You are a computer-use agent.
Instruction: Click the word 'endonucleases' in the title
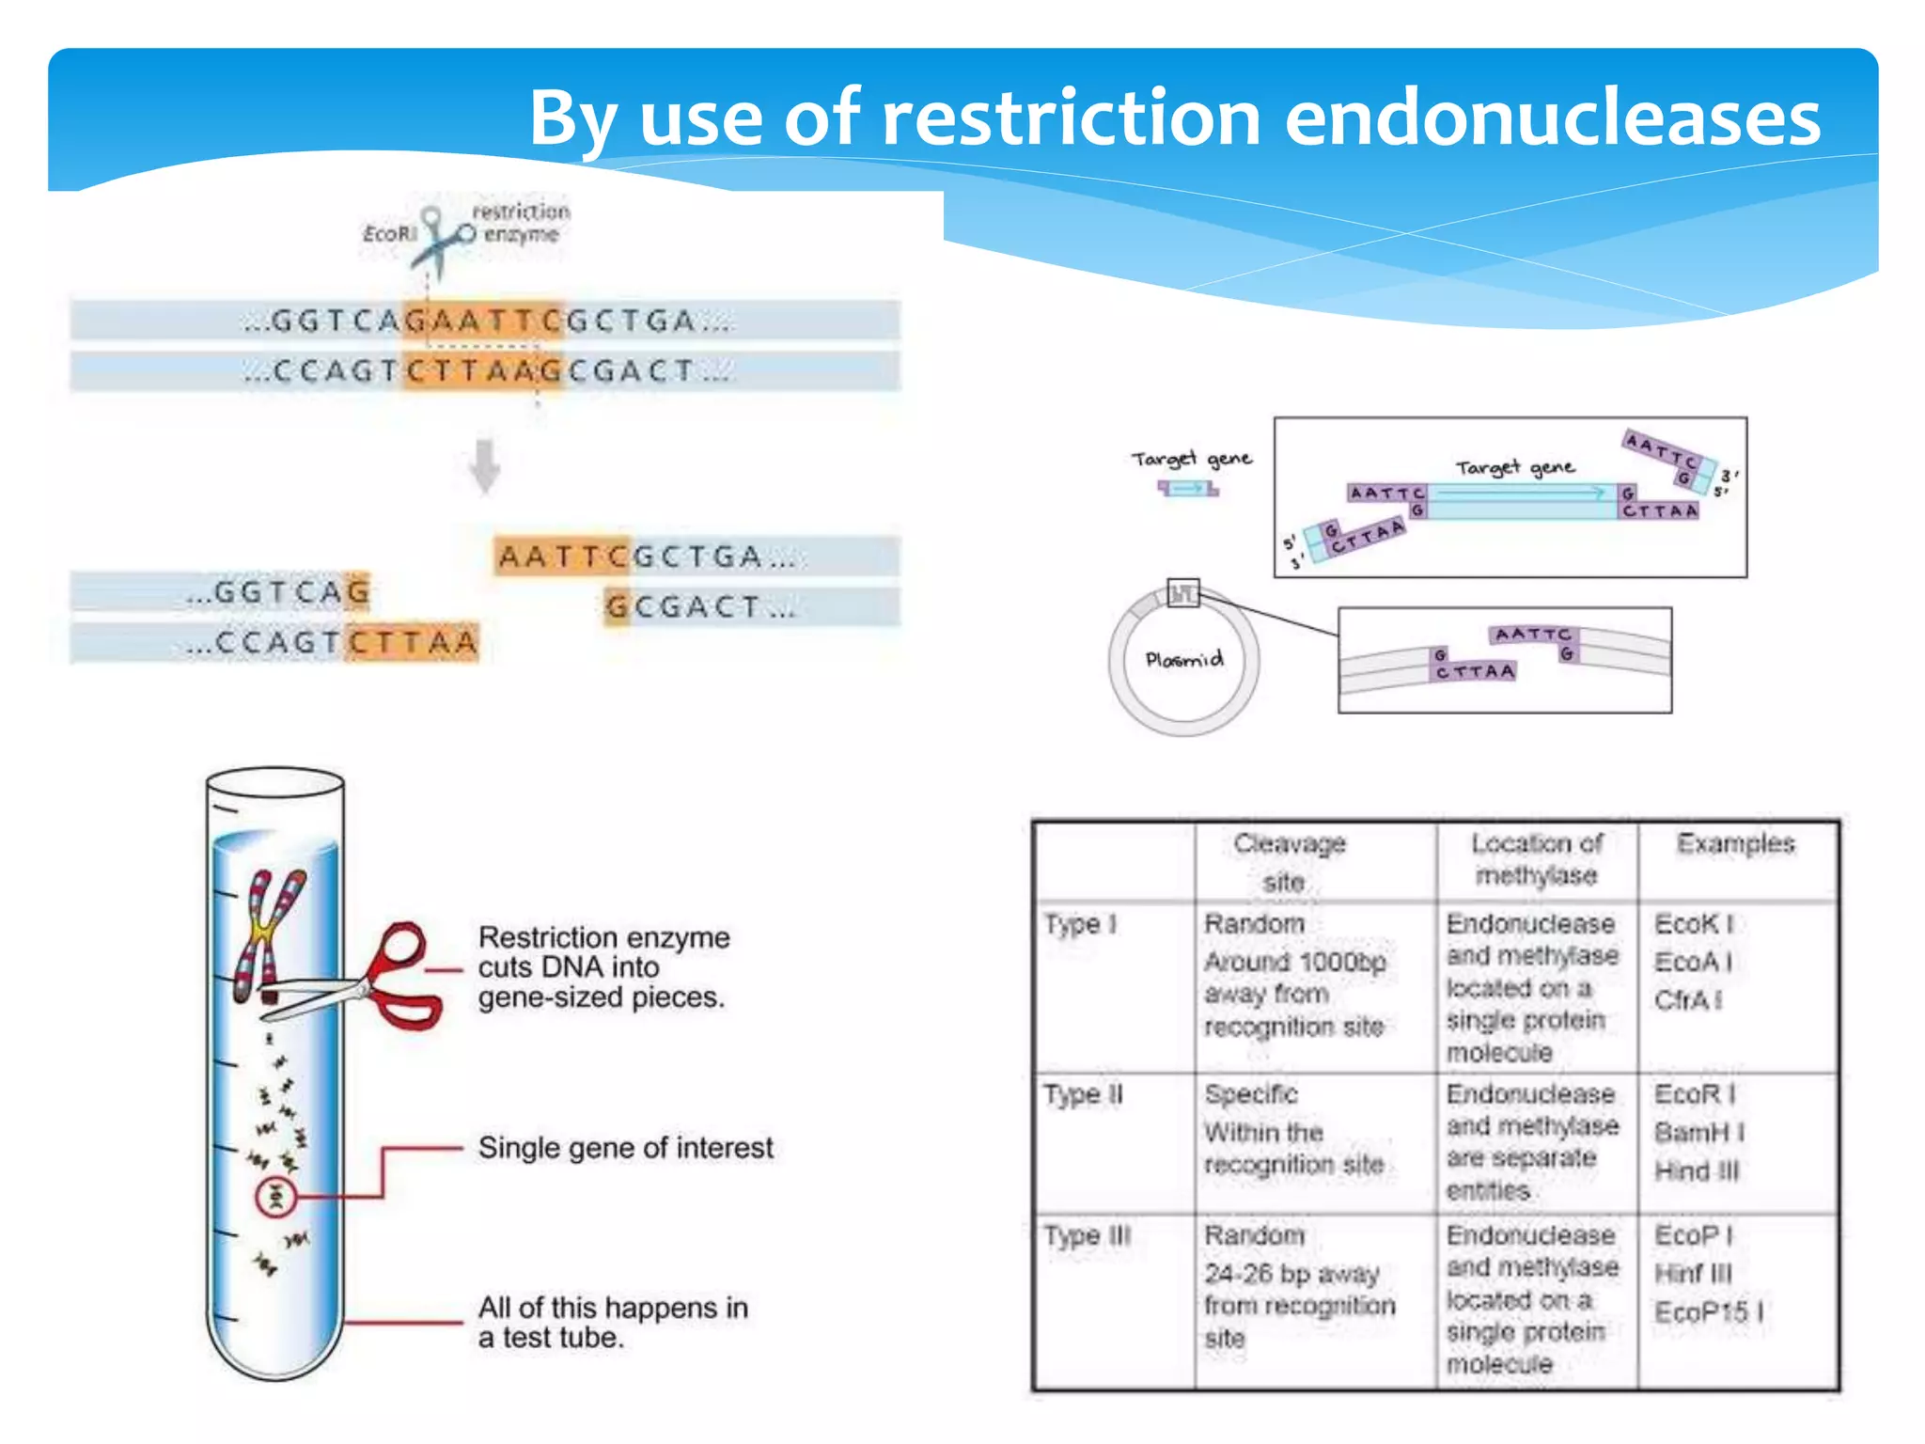[x=1552, y=118]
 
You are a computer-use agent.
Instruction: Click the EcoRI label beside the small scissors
[x=389, y=233]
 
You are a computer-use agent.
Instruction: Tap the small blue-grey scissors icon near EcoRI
[x=442, y=240]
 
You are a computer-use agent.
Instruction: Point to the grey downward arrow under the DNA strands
[x=485, y=466]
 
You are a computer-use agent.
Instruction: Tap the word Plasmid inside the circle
[x=1183, y=659]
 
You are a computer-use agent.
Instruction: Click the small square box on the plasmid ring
[x=1182, y=593]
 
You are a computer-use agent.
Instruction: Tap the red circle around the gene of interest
[x=276, y=1197]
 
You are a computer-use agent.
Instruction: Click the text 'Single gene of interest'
[x=625, y=1148]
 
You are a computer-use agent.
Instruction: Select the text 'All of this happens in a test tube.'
[x=612, y=1322]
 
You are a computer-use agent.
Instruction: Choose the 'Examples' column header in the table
[x=1735, y=843]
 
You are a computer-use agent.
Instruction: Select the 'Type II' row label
[x=1083, y=1095]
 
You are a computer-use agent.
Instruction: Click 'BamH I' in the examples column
[x=1698, y=1133]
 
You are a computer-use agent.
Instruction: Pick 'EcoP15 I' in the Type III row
[x=1708, y=1312]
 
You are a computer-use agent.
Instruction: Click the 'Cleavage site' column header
[x=1289, y=861]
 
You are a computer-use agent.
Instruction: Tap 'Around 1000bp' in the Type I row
[x=1294, y=963]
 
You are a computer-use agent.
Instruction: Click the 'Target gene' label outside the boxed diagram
[x=1191, y=459]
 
